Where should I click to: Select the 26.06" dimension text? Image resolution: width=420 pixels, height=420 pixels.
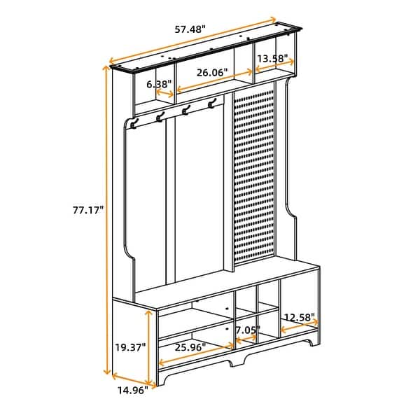coord(212,72)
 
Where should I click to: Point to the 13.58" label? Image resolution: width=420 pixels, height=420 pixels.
coord(272,59)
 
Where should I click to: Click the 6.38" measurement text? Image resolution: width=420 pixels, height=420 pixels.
coord(159,84)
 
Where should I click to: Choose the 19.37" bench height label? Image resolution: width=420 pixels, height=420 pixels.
coord(129,345)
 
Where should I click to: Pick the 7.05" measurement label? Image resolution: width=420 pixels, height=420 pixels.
coord(246,330)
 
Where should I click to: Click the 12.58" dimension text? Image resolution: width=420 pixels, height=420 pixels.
coord(300,317)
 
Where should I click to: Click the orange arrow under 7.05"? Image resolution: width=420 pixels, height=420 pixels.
coord(246,339)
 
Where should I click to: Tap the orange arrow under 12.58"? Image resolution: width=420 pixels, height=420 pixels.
coord(299,326)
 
